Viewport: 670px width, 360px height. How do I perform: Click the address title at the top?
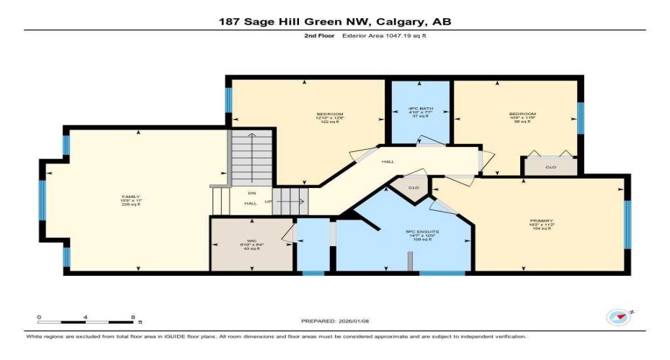[x=335, y=22]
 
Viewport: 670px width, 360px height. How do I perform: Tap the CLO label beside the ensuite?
[x=414, y=188]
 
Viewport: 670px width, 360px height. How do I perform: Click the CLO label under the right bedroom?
[x=551, y=167]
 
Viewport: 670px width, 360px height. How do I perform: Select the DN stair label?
[x=251, y=193]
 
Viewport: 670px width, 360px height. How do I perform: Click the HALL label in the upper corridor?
[x=387, y=162]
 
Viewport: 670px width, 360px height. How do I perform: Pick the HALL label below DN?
[x=251, y=203]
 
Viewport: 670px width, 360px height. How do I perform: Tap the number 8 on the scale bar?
[x=133, y=316]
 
